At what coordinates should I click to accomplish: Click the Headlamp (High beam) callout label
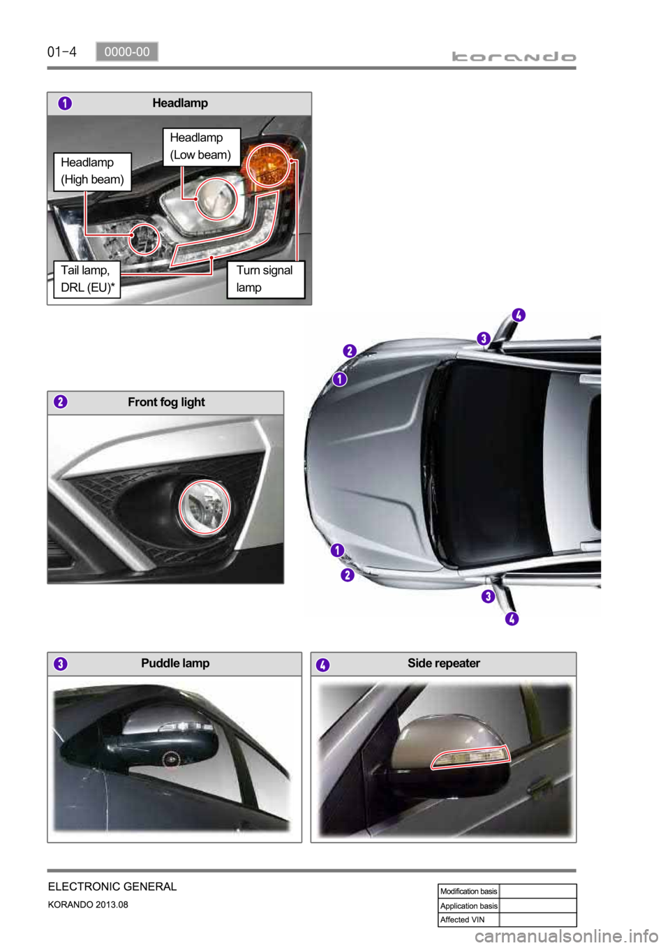tap(93, 172)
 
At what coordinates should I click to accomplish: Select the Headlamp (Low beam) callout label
tap(201, 147)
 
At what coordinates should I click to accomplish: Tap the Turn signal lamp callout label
tap(266, 279)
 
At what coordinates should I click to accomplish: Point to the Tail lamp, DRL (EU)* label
tap(87, 279)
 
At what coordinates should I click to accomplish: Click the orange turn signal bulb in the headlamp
tap(268, 165)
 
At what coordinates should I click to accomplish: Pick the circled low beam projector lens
tap(216, 198)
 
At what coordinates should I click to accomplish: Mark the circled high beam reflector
tap(144, 239)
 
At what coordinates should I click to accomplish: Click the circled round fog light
tap(204, 507)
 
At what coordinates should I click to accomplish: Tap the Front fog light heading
tap(166, 402)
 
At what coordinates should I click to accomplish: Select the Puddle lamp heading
tap(175, 663)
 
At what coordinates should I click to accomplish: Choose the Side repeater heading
tap(444, 663)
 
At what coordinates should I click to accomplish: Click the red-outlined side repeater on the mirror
tap(470, 757)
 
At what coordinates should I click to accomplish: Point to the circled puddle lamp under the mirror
tap(171, 759)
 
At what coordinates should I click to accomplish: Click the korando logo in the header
tap(514, 57)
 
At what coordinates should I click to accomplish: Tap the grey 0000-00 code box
tap(127, 52)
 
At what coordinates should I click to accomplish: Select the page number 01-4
tap(61, 52)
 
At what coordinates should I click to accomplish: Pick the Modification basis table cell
tap(469, 891)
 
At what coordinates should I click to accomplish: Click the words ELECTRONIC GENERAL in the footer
tap(112, 886)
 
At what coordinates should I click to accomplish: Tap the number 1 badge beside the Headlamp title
tap(65, 103)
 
